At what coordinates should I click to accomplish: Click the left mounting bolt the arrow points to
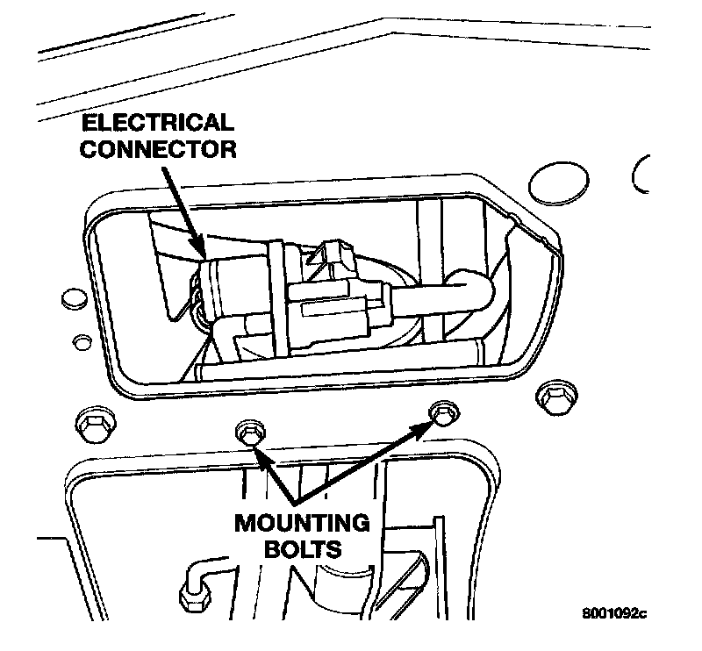[247, 431]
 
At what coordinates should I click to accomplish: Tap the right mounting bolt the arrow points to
[441, 411]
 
